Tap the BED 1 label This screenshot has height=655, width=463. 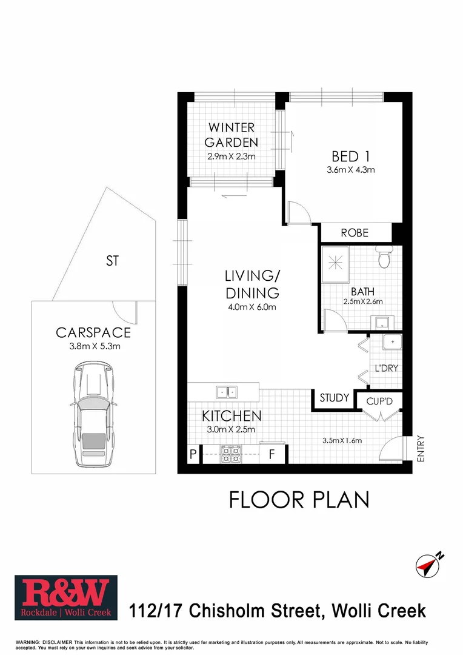(350, 154)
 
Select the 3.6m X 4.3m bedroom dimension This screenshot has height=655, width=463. (350, 170)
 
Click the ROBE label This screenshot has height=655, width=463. (355, 233)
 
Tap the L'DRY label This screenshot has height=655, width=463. (386, 368)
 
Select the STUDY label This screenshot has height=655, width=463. (335, 398)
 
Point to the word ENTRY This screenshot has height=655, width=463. (421, 450)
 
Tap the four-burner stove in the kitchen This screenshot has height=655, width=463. (230, 454)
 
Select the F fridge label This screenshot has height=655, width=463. (272, 454)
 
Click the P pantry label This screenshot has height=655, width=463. (193, 454)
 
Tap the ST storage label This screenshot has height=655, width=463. (112, 261)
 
